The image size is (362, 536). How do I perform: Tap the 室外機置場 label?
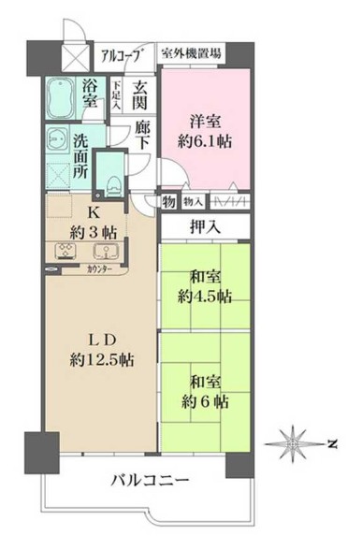(190, 54)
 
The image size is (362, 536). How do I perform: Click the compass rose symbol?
(297, 440)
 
